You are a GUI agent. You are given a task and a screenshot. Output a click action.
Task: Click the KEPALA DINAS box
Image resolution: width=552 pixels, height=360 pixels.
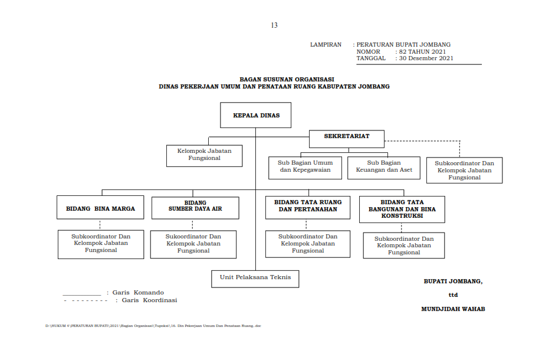coord(255,115)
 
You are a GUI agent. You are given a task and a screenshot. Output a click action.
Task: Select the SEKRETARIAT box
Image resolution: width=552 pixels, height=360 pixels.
coord(347,139)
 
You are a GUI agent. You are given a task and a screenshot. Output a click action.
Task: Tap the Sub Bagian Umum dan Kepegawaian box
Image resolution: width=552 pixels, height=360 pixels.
coord(305,168)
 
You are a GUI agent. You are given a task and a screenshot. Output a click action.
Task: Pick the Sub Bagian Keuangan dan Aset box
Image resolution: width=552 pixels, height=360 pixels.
coord(384,168)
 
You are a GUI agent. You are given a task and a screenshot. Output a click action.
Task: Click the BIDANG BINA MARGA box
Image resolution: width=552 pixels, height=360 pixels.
coord(100,208)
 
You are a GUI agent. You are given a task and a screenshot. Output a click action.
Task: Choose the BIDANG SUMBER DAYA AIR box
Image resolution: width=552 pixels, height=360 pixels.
coord(195,208)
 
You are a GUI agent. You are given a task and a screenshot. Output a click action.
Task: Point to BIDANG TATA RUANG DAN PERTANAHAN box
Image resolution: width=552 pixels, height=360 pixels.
coord(308,208)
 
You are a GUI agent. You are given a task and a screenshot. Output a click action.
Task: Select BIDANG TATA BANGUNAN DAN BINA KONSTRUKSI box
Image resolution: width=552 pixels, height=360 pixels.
coord(402,210)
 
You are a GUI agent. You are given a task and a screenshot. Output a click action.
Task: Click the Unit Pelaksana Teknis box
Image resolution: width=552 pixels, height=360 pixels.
coord(255,279)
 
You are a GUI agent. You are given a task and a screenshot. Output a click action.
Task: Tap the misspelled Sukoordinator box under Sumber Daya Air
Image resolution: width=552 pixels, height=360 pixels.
coord(193,244)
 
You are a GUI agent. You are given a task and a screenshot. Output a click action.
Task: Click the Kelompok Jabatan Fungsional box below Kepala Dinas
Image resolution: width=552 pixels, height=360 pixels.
coord(204,156)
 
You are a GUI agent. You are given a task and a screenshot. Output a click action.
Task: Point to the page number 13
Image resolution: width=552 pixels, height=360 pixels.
coord(274,25)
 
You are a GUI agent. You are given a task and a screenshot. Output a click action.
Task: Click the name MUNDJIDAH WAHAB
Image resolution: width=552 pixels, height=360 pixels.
coord(453,309)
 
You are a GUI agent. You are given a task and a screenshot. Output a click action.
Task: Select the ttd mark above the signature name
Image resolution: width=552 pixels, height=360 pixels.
coord(453,295)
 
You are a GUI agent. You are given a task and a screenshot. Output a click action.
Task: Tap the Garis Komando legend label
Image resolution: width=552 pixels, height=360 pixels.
coord(138,292)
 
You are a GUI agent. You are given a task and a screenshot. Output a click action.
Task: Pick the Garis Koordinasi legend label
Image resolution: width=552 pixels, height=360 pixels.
coord(149,300)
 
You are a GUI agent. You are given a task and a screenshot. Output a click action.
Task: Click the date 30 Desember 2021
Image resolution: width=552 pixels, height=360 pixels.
coord(426,58)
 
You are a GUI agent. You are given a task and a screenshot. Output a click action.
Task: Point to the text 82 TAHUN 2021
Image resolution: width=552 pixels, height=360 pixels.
coord(422,51)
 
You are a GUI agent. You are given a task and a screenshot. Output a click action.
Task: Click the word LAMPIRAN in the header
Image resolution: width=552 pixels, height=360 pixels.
coord(326,45)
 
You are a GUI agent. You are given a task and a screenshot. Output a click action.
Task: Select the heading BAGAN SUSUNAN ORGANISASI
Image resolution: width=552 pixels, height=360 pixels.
coord(287,80)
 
